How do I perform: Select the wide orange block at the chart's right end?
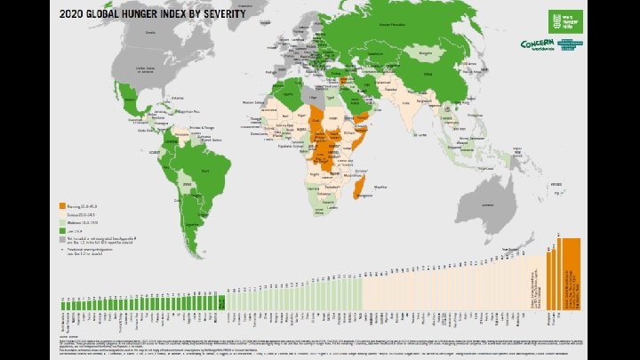(570, 275)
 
